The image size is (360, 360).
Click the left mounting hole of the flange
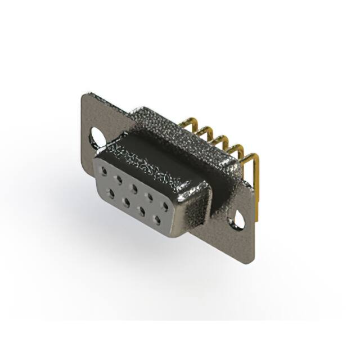[x=96, y=135]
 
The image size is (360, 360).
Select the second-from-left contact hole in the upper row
[x=119, y=177]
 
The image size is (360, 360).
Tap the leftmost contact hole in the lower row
[x=112, y=192]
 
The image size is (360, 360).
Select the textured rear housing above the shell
[x=169, y=124]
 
